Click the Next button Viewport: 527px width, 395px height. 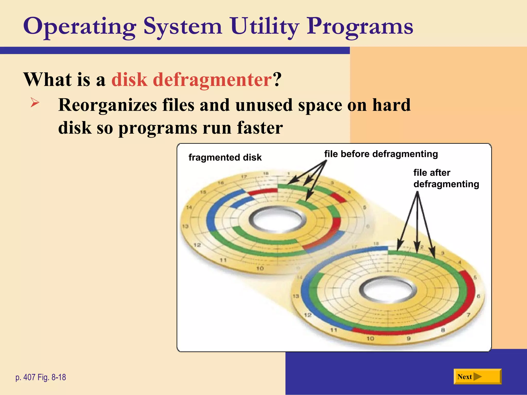click(477, 376)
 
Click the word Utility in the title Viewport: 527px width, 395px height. click(265, 26)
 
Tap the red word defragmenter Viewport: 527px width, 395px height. click(191, 79)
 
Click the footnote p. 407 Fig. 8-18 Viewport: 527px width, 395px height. click(41, 377)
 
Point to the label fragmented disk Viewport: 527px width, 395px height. click(225, 157)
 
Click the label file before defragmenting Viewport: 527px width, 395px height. click(381, 154)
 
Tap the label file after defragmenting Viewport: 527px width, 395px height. click(446, 178)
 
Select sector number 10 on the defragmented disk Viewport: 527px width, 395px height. click(370, 338)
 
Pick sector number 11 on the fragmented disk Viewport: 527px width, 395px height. click(223, 260)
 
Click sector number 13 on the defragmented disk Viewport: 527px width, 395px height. click(296, 296)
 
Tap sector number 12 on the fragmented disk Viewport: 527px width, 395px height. click(197, 245)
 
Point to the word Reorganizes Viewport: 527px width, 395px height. click(108, 105)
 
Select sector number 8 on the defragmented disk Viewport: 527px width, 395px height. click(443, 330)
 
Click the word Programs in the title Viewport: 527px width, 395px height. click(360, 26)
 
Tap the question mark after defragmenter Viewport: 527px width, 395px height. click(277, 79)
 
